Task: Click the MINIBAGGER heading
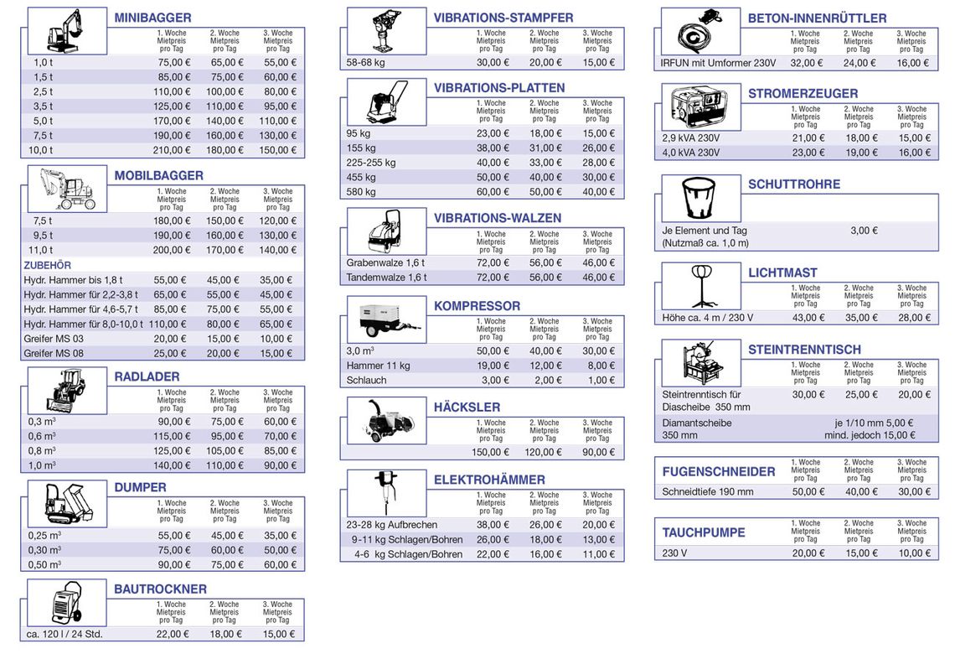point(152,18)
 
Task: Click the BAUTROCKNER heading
point(160,589)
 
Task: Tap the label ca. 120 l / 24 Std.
point(65,635)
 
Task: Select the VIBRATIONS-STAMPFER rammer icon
point(386,33)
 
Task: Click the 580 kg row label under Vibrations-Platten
point(361,192)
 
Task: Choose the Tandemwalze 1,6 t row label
point(386,278)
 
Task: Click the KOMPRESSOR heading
point(477,307)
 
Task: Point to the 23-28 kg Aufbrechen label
point(391,525)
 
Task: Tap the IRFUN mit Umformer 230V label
point(718,63)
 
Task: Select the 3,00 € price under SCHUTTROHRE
point(864,231)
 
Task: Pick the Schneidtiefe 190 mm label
point(708,492)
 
